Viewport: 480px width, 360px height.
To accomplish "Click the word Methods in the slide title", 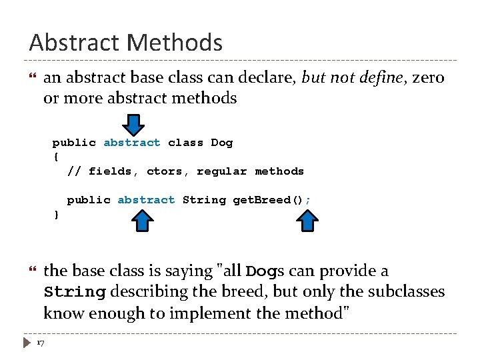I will [x=175, y=43].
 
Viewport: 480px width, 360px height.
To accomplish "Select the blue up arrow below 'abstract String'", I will [x=141, y=220].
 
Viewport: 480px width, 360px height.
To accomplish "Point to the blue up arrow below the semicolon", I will [x=307, y=220].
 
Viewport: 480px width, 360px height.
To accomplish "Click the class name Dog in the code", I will [x=222, y=143].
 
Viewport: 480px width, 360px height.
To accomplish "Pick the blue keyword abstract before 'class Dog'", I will [x=132, y=143].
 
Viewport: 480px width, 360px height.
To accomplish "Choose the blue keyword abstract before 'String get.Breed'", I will [x=146, y=200].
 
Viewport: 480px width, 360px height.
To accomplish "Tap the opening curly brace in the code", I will [x=55, y=157].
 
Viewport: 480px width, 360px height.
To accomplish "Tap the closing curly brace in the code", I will [x=55, y=215].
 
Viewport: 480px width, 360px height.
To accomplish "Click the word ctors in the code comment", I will [x=165, y=171].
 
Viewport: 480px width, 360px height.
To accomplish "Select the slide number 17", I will [x=41, y=343].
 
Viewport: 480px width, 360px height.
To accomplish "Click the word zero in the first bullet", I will [x=428, y=78].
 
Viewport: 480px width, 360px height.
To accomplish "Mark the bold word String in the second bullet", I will [x=75, y=292].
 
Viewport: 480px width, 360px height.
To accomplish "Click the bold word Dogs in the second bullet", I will [x=266, y=271].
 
